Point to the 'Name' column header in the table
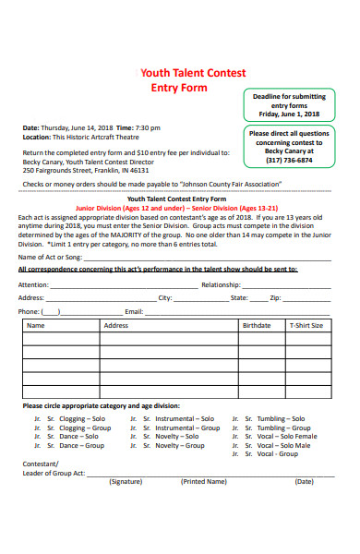(36, 326)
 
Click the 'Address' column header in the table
(116, 326)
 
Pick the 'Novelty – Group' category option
(180, 446)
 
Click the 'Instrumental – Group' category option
(187, 428)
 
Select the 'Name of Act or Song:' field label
(51, 257)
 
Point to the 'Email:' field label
(135, 312)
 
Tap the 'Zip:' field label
(275, 298)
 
